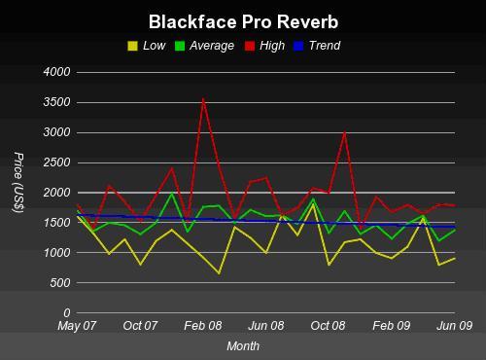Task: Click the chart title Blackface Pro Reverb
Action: point(243,20)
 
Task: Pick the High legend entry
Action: point(268,45)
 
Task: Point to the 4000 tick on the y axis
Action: point(57,72)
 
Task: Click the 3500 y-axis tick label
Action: point(57,102)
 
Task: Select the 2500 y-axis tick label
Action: point(57,162)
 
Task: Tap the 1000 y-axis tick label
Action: point(57,253)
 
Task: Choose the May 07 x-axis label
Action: point(78,327)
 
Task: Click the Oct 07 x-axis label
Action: point(140,327)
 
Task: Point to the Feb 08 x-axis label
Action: point(203,327)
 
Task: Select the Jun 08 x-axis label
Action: point(266,327)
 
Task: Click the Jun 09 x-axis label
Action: point(455,327)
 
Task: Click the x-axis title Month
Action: point(243,345)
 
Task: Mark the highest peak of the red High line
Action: point(203,98)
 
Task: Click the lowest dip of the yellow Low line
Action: point(219,273)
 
